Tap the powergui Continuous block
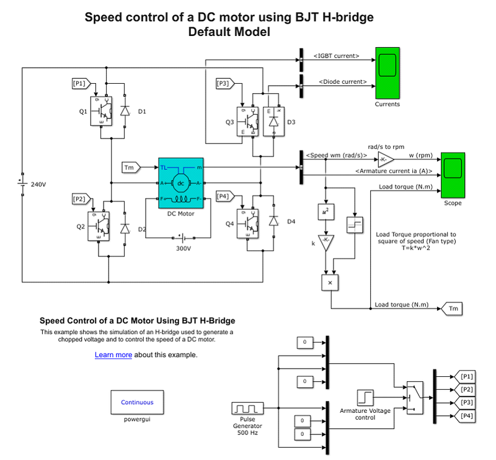[137, 402]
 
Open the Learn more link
[113, 355]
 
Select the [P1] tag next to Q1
[81, 83]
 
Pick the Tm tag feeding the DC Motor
[131, 167]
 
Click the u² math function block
[325, 211]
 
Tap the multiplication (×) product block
[330, 282]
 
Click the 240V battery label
[39, 184]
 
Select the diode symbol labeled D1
[125, 110]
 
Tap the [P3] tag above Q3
[224, 83]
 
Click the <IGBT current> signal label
[337, 56]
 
